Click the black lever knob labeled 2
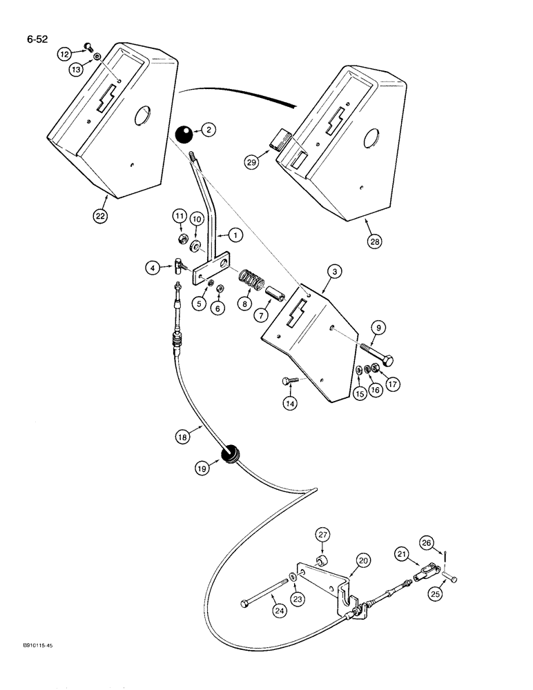183,135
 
